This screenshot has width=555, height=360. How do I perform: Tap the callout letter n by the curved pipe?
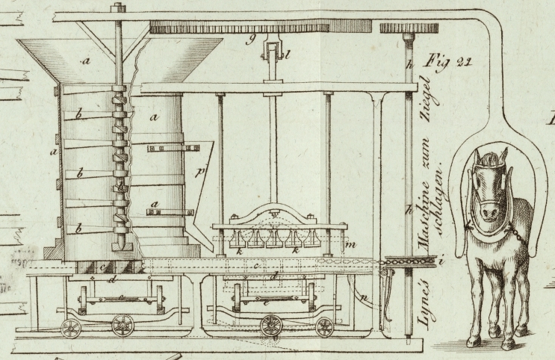pos(365,300)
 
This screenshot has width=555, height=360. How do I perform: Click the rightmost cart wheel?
pos(324,327)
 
